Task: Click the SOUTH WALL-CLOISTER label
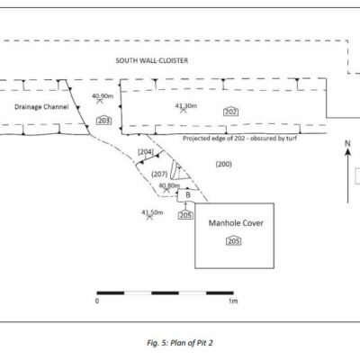pos(152,60)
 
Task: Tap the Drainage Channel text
pos(41,107)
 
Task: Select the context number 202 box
pos(231,112)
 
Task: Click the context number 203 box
pos(104,121)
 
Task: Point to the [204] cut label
pos(146,152)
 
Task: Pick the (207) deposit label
pos(159,174)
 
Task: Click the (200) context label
pos(224,164)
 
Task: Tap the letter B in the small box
pos(188,195)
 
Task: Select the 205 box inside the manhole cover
pos(234,241)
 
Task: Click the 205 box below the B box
pos(185,215)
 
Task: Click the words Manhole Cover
pos(236,223)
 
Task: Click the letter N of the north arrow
pos(347,144)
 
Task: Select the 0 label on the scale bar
pos(97,301)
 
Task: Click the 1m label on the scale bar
pos(233,301)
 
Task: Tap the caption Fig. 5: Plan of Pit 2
pos(180,343)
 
